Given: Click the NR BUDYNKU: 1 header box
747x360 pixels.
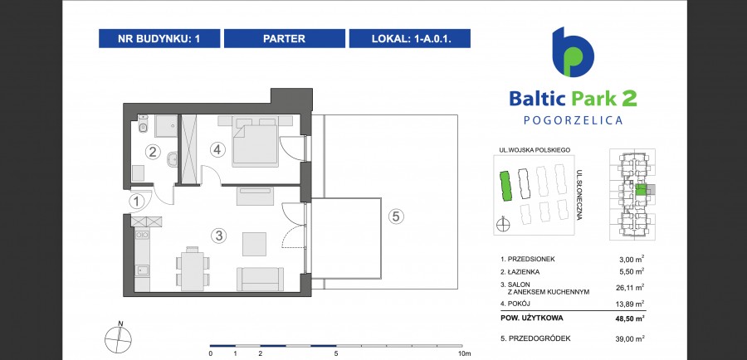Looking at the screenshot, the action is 159,38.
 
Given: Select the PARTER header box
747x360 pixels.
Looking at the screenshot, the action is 285,38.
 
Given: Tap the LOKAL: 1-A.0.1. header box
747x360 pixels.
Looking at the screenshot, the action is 410,38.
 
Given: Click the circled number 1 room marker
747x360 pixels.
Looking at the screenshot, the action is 137,202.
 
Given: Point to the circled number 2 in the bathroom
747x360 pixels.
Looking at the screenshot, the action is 153,153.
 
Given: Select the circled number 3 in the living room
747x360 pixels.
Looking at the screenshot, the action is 218,236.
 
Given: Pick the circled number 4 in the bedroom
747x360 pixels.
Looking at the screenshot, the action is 217,150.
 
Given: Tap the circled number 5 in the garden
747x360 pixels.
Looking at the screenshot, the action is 396,216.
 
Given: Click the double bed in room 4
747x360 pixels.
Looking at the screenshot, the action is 255,141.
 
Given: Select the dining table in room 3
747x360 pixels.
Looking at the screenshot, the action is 192,270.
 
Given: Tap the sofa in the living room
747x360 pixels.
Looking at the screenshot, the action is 260,279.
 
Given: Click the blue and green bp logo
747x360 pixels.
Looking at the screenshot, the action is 573,52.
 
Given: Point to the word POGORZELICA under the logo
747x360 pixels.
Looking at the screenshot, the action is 573,120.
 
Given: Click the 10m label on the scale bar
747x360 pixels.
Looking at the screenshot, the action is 465,353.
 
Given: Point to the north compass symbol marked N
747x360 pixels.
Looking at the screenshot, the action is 118,337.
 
